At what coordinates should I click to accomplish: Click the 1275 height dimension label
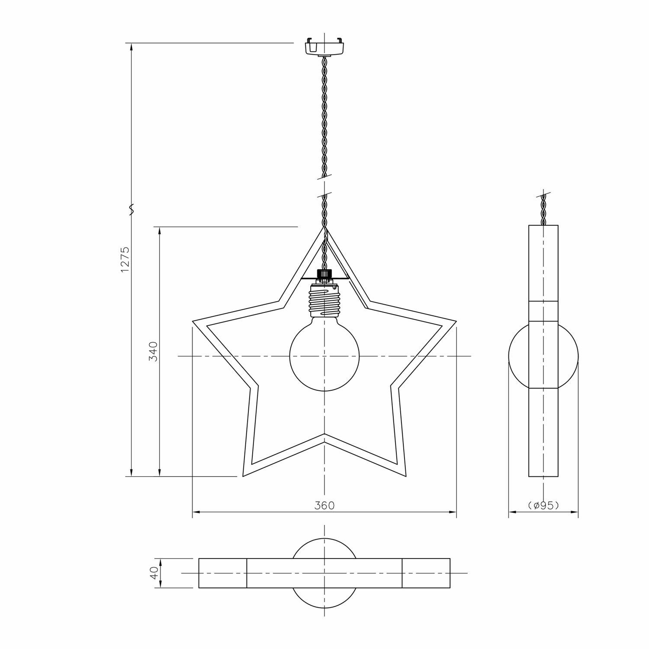click(x=125, y=260)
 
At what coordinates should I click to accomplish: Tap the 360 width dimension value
click(x=324, y=505)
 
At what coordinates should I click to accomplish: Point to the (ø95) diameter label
click(x=543, y=505)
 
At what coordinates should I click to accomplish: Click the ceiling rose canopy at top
click(x=324, y=46)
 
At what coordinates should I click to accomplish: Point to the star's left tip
click(x=193, y=321)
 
